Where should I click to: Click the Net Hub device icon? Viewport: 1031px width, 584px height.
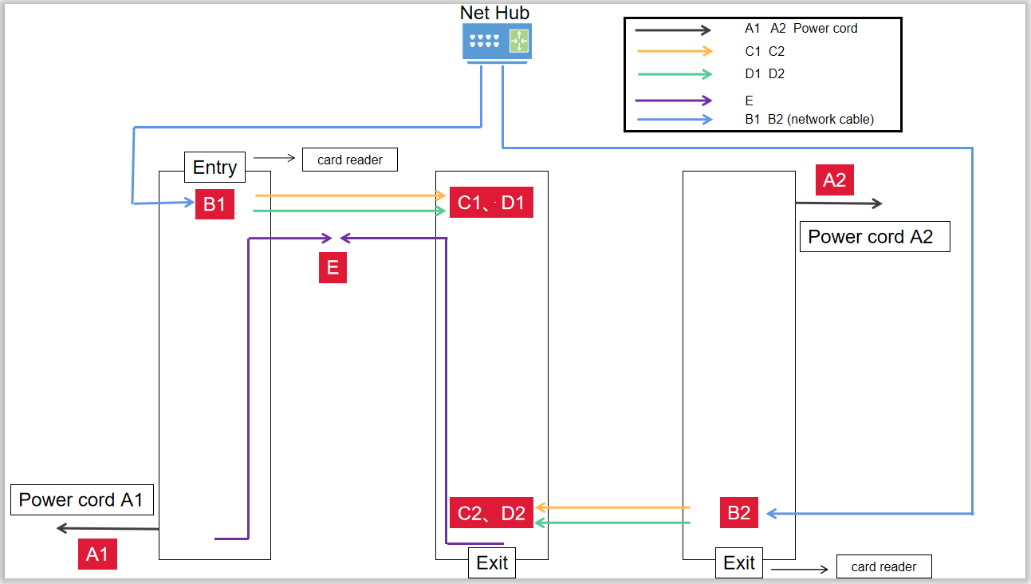click(x=497, y=41)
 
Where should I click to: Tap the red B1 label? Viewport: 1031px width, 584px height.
click(x=214, y=203)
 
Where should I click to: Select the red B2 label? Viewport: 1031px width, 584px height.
click(x=739, y=513)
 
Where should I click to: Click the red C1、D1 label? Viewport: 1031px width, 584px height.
click(x=491, y=203)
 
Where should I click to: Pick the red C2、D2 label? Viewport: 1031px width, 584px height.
click(x=491, y=513)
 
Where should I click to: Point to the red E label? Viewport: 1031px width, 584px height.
click(x=333, y=268)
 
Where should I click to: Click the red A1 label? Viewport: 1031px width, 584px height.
click(x=97, y=554)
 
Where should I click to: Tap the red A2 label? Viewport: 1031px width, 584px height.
click(x=834, y=180)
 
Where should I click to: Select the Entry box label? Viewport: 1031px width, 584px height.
click(x=214, y=168)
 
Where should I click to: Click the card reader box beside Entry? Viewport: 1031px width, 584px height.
click(x=350, y=160)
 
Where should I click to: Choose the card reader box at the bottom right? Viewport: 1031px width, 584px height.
click(x=883, y=566)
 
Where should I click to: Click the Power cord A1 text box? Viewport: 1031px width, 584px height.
click(x=81, y=500)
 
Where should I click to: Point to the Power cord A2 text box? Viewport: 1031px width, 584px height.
click(x=874, y=237)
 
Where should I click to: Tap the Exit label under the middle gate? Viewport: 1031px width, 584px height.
click(x=492, y=562)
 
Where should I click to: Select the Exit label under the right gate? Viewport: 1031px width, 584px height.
click(x=739, y=562)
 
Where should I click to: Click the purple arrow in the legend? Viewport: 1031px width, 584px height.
click(x=673, y=101)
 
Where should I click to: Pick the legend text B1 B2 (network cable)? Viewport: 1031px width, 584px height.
click(x=809, y=120)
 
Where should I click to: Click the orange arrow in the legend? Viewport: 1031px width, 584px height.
click(x=673, y=51)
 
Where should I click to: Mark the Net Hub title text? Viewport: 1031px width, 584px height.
click(x=494, y=13)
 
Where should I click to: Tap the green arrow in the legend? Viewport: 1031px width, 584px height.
click(x=673, y=74)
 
